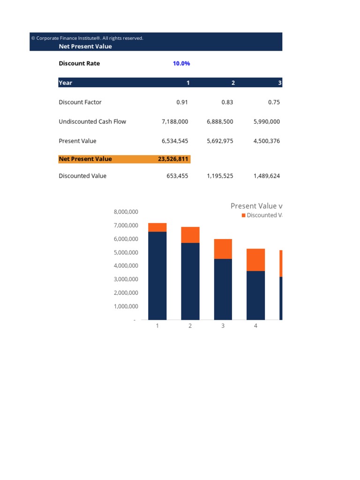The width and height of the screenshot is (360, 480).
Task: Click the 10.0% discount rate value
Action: [x=181, y=63]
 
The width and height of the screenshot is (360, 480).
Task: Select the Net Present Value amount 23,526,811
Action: [x=173, y=159]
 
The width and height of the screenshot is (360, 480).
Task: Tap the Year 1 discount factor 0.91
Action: [x=182, y=102]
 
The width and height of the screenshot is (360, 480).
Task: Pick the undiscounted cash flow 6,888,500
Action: [x=219, y=121]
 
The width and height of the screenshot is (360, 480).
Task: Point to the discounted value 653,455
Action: [x=177, y=176]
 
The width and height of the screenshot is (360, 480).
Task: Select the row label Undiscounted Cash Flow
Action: [x=92, y=121]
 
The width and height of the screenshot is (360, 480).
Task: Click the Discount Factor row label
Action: [x=80, y=102]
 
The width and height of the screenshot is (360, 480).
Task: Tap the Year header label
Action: [x=65, y=82]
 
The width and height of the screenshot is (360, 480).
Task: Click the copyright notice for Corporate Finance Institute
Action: [x=87, y=38]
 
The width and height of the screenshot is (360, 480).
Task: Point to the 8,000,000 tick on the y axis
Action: [x=126, y=212]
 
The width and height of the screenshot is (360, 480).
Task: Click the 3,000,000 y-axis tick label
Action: [x=126, y=279]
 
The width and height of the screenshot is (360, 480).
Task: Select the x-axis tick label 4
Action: [x=255, y=326]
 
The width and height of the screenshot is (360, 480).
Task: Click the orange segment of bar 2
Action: [x=190, y=235]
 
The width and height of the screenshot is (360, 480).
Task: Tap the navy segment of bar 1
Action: [x=157, y=276]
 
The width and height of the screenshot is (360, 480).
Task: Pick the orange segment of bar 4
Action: [x=255, y=260]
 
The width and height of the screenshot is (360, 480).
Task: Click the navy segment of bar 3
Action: [x=223, y=289]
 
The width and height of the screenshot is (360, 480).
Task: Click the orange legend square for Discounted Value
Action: [x=243, y=215]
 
